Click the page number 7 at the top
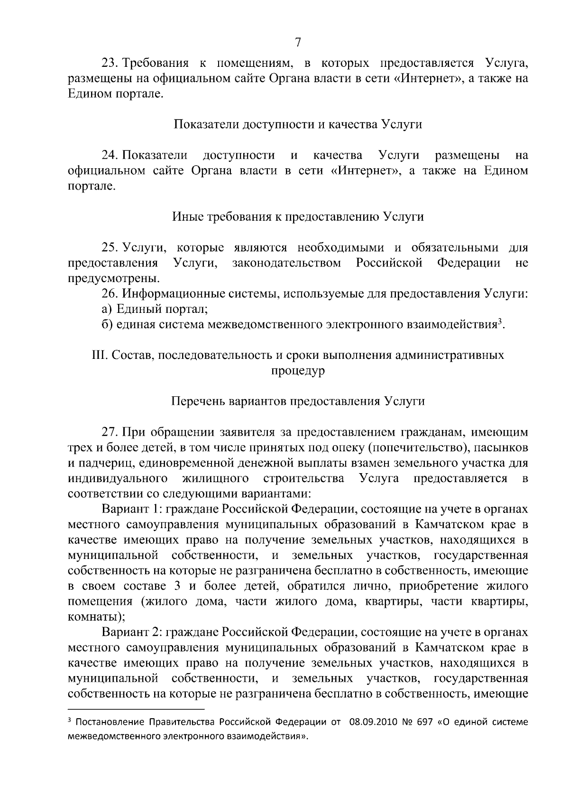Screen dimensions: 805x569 tap(298, 43)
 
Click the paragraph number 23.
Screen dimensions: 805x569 tap(110, 63)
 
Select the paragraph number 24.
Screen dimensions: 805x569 tap(110, 155)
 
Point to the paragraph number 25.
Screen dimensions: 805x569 tap(110, 247)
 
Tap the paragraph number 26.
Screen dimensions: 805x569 tap(110, 293)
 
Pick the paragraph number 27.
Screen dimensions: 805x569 tap(110, 432)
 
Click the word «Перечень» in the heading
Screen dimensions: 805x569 tap(197, 401)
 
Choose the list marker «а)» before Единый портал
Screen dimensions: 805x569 tap(107, 309)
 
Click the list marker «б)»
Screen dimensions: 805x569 tap(107, 325)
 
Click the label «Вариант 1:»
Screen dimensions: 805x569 tap(129, 509)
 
